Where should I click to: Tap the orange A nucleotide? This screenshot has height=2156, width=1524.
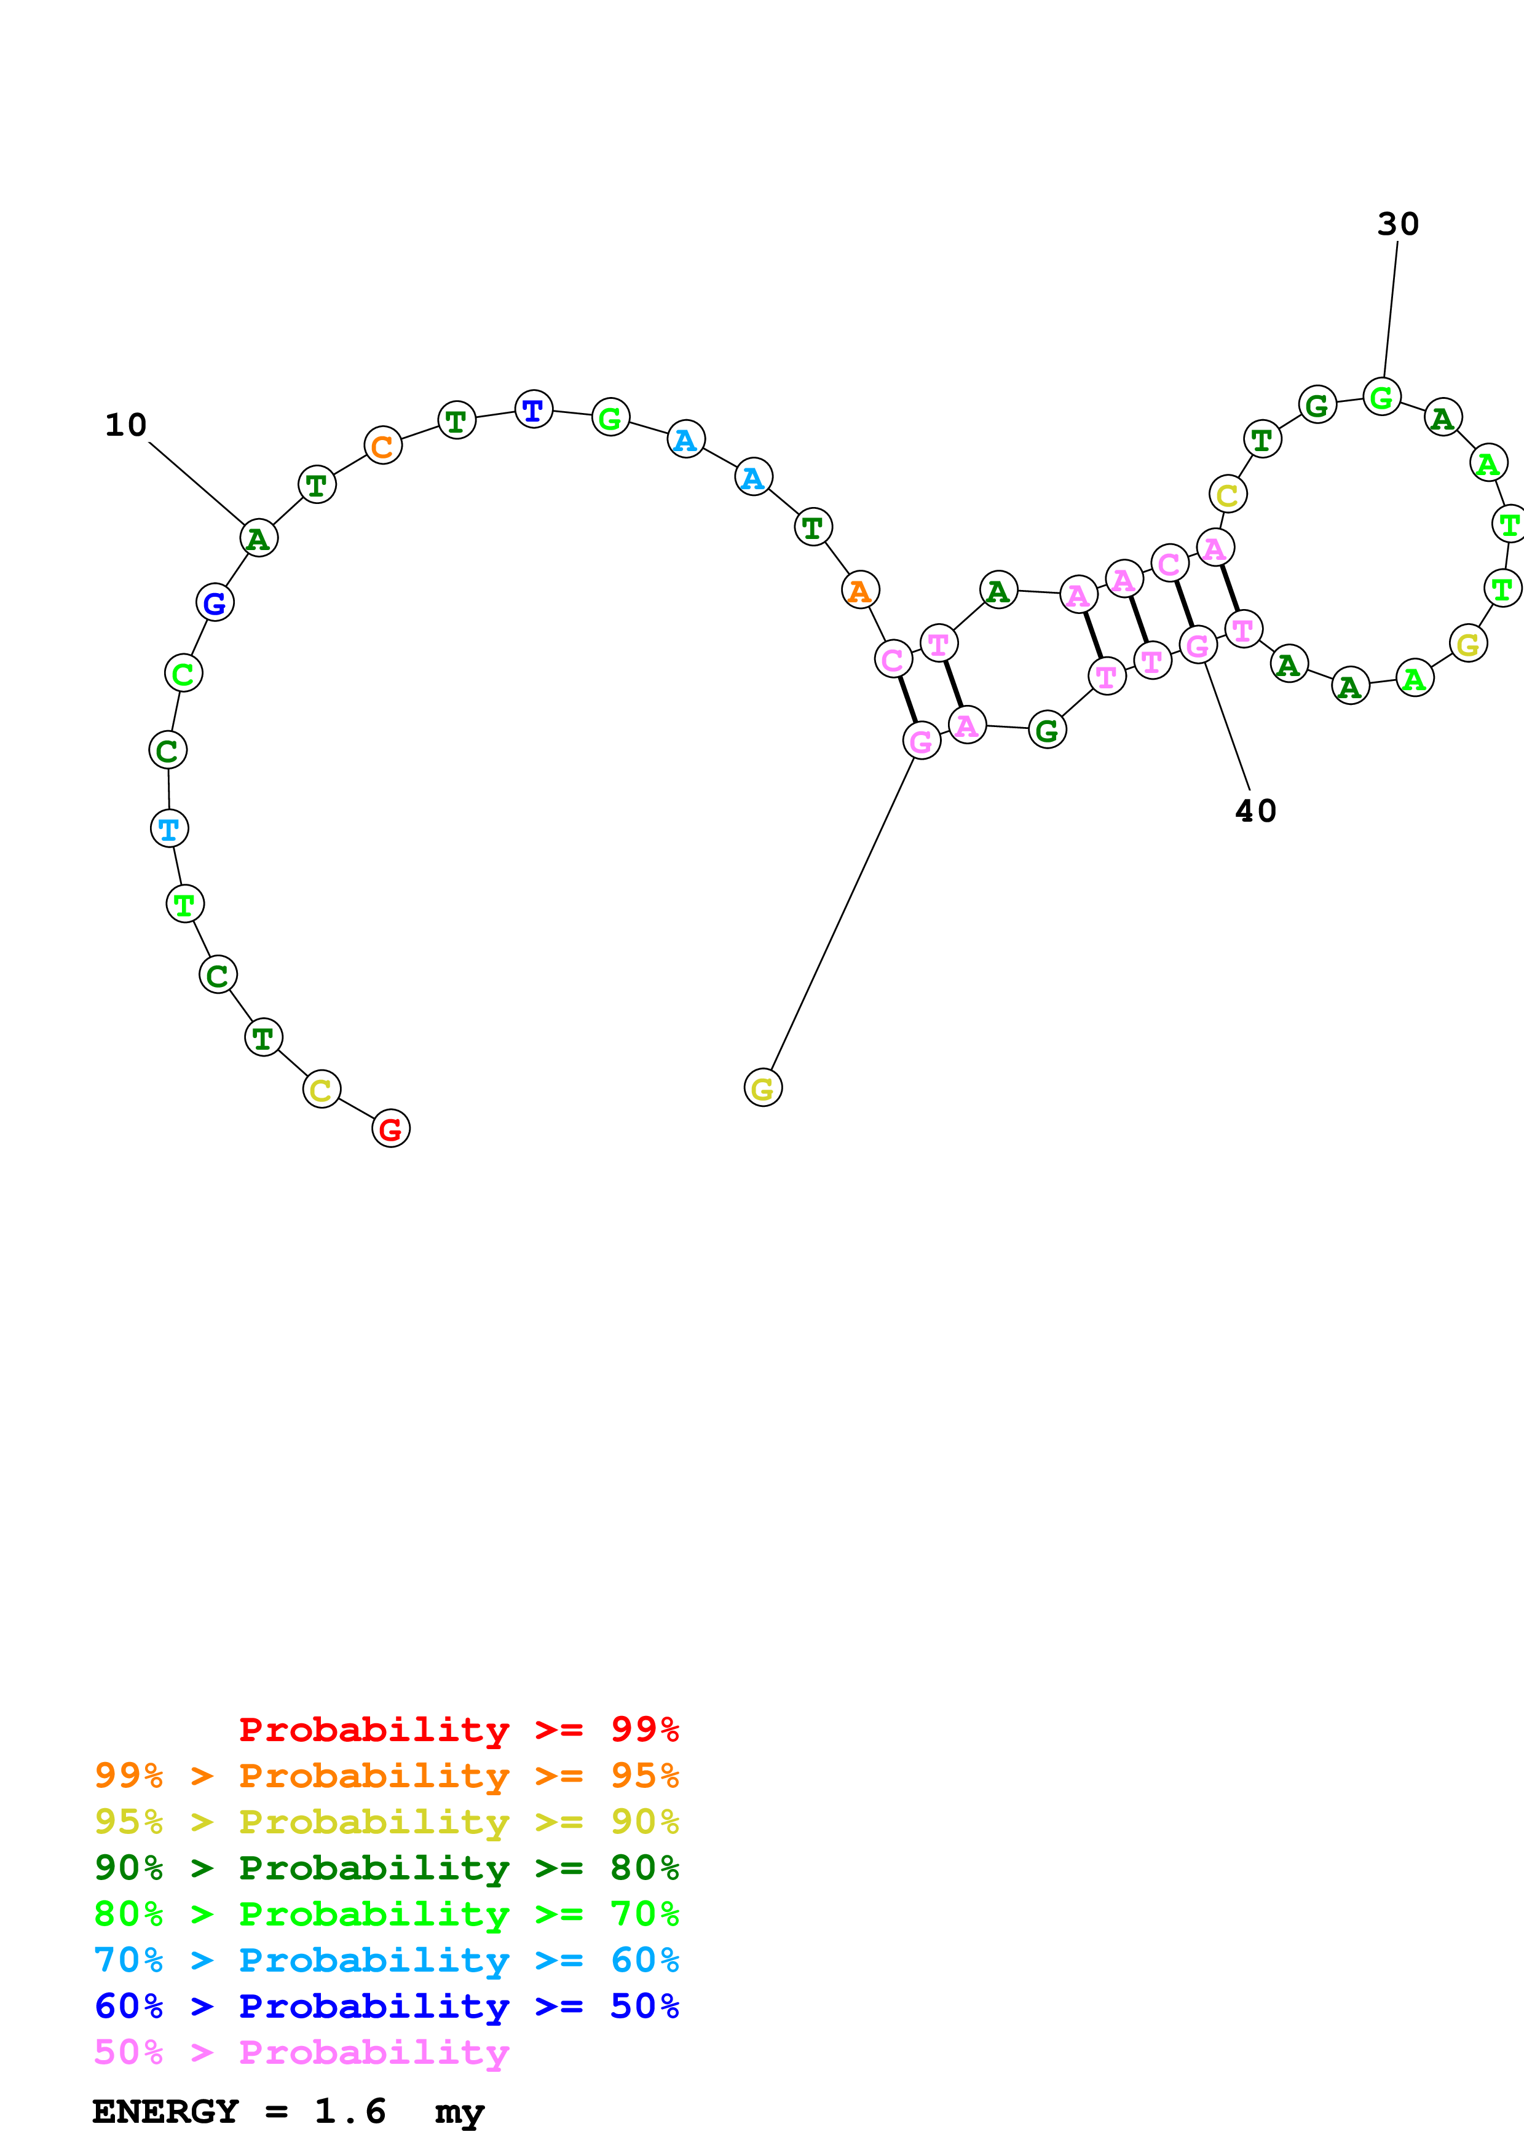[860, 590]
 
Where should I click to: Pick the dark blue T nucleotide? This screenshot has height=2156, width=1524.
[534, 409]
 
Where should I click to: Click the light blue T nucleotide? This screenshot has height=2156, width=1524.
[169, 828]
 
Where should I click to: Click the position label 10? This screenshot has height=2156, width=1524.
[126, 425]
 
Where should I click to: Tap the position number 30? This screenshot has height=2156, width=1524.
[1397, 224]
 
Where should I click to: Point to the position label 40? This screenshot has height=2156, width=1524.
[1255, 811]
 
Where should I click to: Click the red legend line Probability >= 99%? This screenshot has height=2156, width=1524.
[458, 1729]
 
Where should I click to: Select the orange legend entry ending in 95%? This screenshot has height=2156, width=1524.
[386, 1775]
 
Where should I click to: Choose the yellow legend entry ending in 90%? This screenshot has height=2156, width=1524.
[386, 1821]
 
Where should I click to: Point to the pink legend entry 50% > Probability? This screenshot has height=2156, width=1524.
[301, 2052]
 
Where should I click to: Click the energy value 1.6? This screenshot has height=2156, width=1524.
[349, 2111]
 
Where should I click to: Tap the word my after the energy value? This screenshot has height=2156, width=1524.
[459, 2113]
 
